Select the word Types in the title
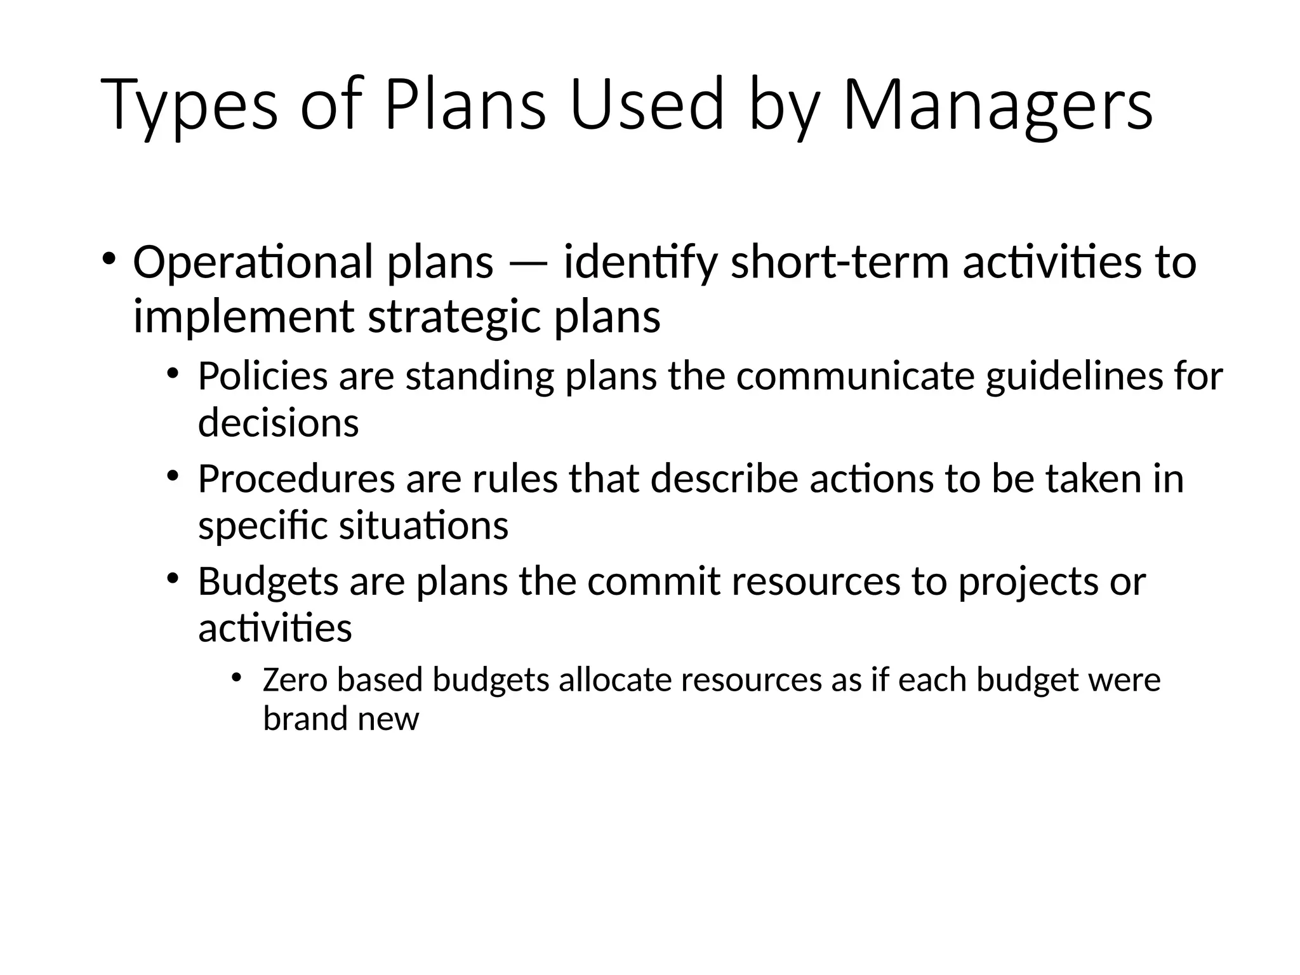189,105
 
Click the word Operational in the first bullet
253,262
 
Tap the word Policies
263,376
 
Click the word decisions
278,423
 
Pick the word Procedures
296,479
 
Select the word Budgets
268,581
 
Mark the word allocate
615,680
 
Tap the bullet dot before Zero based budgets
237,678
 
